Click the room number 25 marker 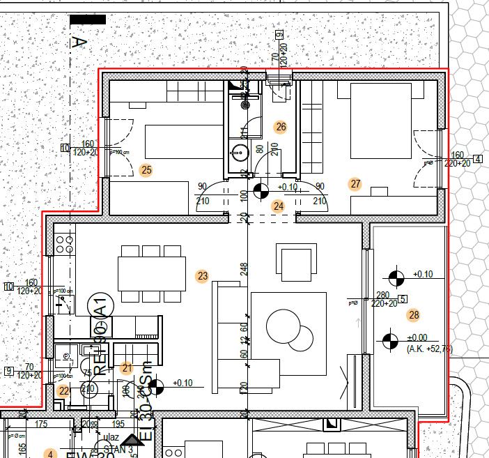pyautogui.click(x=146, y=169)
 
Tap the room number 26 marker pyautogui.click(x=281, y=127)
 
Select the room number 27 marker pyautogui.click(x=356, y=184)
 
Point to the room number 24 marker pyautogui.click(x=279, y=206)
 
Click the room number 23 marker pyautogui.click(x=203, y=276)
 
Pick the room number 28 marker pyautogui.click(x=414, y=315)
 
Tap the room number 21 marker pyautogui.click(x=126, y=368)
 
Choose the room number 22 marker pyautogui.click(x=64, y=391)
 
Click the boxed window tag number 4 pyautogui.click(x=478, y=159)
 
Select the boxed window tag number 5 pyautogui.click(x=403, y=300)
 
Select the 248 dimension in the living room pyautogui.click(x=244, y=269)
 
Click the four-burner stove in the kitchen pyautogui.click(x=64, y=244)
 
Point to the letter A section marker pyautogui.click(x=79, y=43)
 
